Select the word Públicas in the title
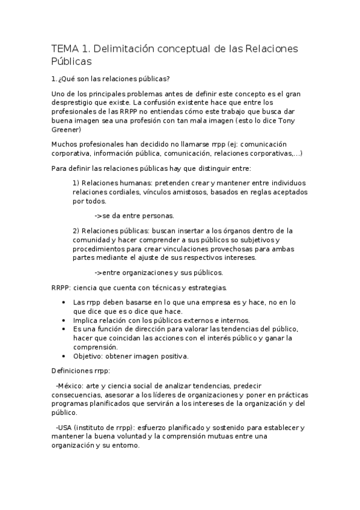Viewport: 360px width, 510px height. click(72, 61)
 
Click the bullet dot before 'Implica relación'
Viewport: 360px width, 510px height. click(64, 321)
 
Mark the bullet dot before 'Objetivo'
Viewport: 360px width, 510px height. click(64, 355)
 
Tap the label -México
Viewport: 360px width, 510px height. click(70, 385)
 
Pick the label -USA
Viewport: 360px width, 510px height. click(64, 428)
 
